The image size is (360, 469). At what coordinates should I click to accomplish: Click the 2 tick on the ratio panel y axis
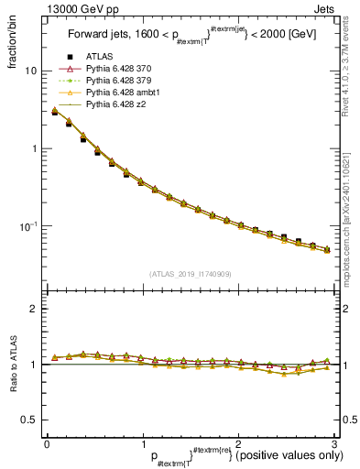[x=32, y=309]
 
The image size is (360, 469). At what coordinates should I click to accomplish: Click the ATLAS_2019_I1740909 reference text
[x=191, y=273]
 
